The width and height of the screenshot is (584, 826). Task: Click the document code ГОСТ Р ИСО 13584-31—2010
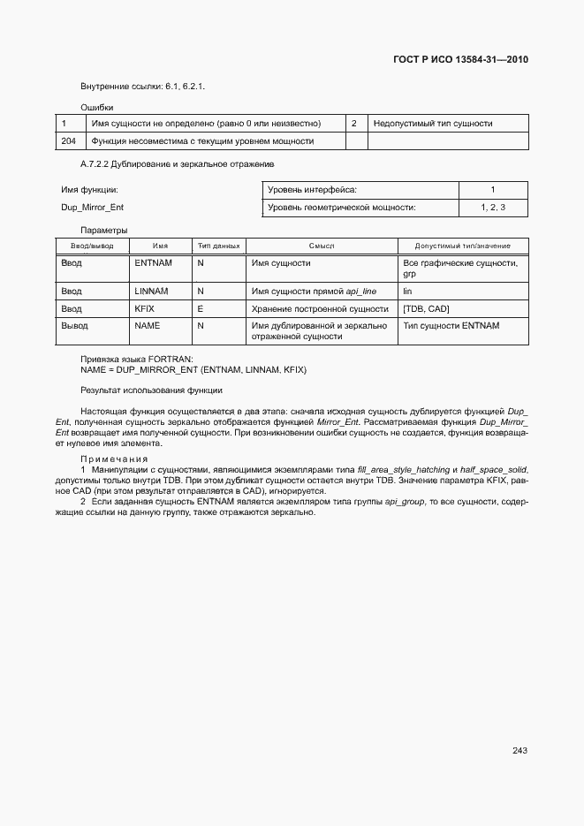pyautogui.click(x=459, y=60)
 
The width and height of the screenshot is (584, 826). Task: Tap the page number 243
pyautogui.click(x=520, y=751)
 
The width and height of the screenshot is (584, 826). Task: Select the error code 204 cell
pyautogui.click(x=68, y=141)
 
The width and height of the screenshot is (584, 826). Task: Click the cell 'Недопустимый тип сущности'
pyautogui.click(x=433, y=124)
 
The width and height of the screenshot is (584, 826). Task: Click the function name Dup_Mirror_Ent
pyautogui.click(x=92, y=208)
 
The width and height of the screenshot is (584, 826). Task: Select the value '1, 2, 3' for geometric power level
pyautogui.click(x=493, y=208)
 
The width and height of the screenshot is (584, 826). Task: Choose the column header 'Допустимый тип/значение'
pyautogui.click(x=463, y=246)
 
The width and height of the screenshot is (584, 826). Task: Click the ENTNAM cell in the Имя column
pyautogui.click(x=153, y=263)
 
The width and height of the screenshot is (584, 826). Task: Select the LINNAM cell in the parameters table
pyautogui.click(x=151, y=291)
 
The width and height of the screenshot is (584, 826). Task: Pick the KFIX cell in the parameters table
pyautogui.click(x=144, y=308)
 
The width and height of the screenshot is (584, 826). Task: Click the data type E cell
pyautogui.click(x=201, y=308)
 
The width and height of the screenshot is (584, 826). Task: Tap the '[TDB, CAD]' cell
pyautogui.click(x=427, y=308)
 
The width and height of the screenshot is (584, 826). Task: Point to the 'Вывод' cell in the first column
pyautogui.click(x=73, y=326)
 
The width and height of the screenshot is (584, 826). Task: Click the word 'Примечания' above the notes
pyautogui.click(x=113, y=459)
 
